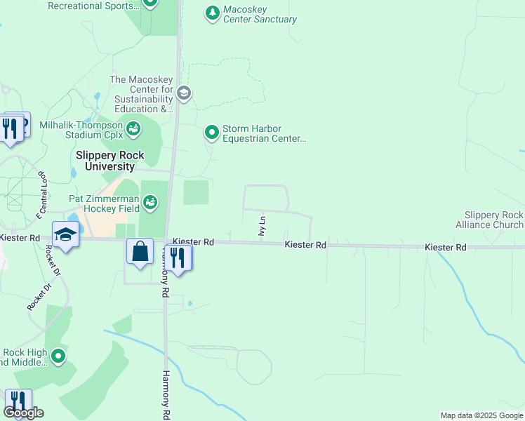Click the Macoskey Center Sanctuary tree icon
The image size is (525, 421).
(212, 13)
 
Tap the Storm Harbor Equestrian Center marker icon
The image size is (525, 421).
(212, 132)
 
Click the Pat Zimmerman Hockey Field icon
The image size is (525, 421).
(149, 203)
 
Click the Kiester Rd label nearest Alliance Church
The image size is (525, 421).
(446, 248)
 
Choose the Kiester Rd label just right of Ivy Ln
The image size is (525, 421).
(305, 245)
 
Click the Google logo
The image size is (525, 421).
(22, 413)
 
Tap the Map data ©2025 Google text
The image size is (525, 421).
(480, 415)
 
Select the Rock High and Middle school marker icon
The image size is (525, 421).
(58, 357)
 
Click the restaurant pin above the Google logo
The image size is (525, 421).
(18, 401)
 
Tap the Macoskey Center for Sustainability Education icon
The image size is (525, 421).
(184, 93)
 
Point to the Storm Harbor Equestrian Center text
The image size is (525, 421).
(264, 133)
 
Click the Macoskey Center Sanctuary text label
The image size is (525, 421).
(260, 15)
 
